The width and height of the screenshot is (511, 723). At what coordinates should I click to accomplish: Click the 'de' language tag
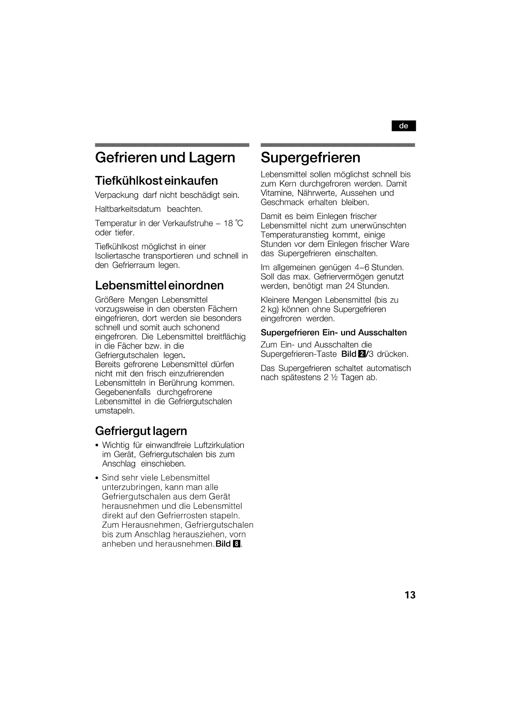point(403,126)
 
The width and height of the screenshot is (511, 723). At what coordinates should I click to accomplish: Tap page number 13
point(410,595)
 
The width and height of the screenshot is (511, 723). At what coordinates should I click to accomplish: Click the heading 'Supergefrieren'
point(310,158)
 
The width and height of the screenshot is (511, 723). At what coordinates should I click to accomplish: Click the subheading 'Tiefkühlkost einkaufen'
point(156,180)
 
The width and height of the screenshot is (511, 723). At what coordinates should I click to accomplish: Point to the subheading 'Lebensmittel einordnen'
point(159,286)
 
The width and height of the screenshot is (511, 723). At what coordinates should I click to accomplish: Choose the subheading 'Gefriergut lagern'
point(141,431)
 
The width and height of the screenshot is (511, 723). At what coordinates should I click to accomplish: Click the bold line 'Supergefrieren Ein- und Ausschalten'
point(333,332)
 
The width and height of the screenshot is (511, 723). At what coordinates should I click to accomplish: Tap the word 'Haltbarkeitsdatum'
point(127,209)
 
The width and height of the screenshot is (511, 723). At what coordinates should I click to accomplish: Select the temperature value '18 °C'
point(233,223)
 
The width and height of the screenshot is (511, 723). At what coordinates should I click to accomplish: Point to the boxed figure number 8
point(236,544)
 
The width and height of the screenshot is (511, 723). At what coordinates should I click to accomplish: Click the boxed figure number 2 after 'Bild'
point(361,354)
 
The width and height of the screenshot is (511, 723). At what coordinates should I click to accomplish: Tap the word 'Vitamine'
point(276,193)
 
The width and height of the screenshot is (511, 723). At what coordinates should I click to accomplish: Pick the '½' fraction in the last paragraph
point(334,378)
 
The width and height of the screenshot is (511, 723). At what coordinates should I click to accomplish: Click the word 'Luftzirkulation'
point(219,445)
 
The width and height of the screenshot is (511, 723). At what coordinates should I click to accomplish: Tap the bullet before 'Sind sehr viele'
point(97,478)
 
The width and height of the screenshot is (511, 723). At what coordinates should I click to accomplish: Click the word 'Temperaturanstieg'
point(295,235)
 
